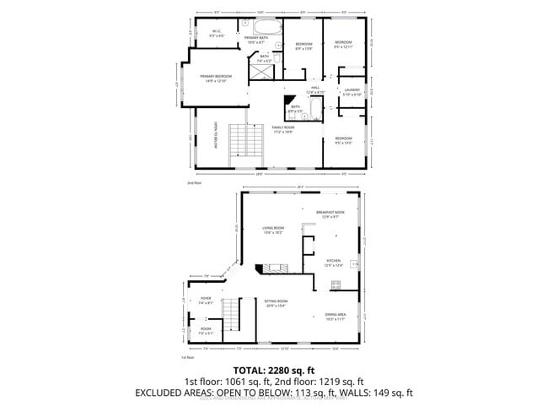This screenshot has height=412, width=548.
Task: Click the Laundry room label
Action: (352, 92)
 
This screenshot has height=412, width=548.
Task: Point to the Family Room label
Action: (293, 129)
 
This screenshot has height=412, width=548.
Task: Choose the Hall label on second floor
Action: (315, 89)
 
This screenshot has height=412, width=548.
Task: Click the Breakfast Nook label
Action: (330, 214)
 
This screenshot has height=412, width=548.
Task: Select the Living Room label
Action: (273, 230)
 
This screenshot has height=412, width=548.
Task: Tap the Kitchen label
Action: (333, 263)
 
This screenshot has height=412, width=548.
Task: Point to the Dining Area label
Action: (336, 317)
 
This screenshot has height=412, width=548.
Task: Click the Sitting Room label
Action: (277, 303)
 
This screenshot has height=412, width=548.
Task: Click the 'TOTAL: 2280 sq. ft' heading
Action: (274, 371)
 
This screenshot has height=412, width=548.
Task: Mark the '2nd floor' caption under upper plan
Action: (195, 182)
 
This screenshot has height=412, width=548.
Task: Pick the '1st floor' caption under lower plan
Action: (188, 357)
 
